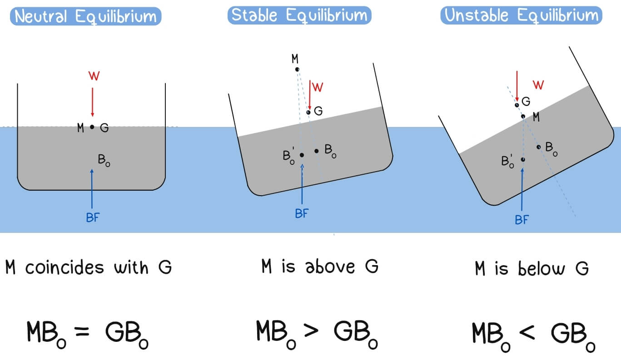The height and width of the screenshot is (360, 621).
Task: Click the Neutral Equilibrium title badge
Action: coord(86,17)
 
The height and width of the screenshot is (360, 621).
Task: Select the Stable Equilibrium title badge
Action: coord(299,15)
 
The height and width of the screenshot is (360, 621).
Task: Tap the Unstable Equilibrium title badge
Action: coord(522,16)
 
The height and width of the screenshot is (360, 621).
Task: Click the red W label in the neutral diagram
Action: coord(93,76)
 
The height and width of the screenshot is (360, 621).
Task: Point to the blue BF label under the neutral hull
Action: coord(92,217)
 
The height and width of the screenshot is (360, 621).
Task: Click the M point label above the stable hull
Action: coord(295,59)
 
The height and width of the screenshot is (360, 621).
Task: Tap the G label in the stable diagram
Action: coord(318,111)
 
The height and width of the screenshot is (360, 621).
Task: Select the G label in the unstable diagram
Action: coord(526,101)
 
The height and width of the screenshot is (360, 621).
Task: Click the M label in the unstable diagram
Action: coord(536,118)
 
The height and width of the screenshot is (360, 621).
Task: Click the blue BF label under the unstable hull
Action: coord(522,220)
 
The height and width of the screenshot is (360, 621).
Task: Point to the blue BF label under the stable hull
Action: coord(302,214)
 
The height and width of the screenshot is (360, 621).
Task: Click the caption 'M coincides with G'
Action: coord(88,267)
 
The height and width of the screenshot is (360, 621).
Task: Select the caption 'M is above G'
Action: coord(319,266)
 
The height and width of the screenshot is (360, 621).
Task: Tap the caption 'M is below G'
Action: coord(532,269)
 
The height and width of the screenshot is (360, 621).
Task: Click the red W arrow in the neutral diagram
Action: coord(92,102)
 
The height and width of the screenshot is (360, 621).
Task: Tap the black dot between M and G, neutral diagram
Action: coord(92,128)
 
